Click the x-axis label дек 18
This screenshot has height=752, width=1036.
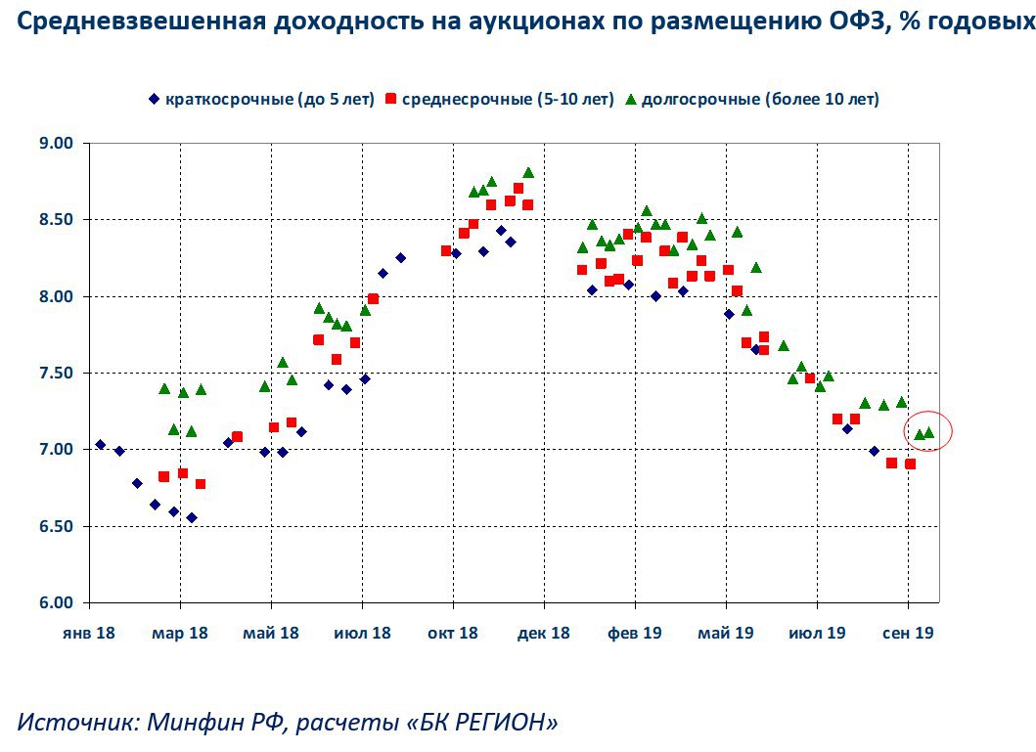pos(543,633)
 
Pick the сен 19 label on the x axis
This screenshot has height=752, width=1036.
pos(908,633)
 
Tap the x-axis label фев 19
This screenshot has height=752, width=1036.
pos(634,633)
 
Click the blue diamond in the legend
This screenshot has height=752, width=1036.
pos(154,99)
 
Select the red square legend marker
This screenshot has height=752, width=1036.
pos(390,99)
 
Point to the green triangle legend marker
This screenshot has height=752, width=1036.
pos(631,99)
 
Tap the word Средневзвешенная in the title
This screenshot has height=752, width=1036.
pos(125,22)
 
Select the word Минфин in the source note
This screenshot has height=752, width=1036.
pos(191,723)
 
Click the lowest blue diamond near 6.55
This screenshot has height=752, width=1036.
pos(192,518)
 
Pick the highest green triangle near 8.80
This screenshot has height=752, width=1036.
pos(528,172)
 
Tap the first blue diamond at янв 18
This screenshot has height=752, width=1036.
pos(100,445)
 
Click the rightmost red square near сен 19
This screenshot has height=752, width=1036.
pos(910,464)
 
